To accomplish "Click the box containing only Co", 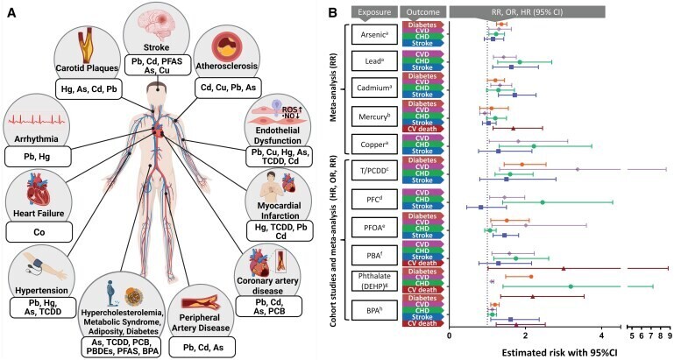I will pos(37,232).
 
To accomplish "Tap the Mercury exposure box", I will pos(377,116).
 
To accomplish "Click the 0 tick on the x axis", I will pos(450,335).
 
